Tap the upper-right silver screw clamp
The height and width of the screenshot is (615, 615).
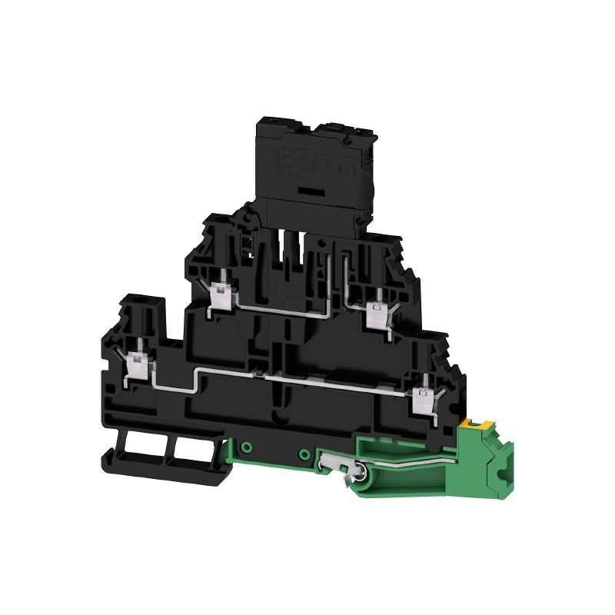click(377, 315)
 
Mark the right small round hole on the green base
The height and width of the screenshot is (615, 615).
click(305, 453)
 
